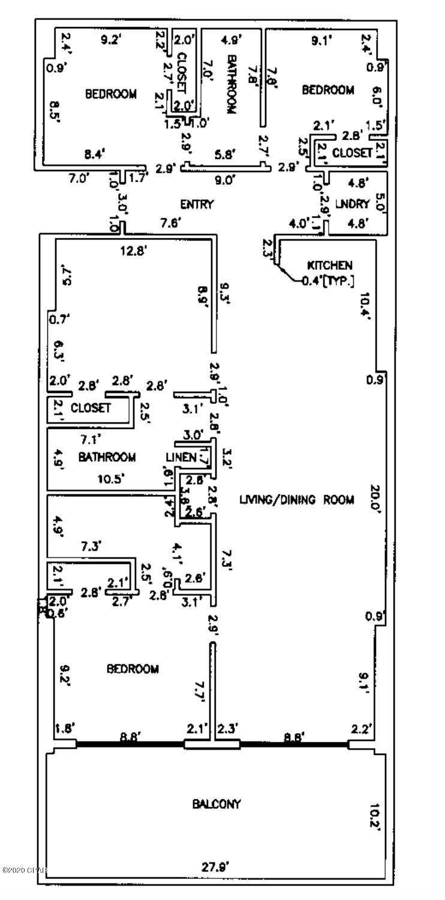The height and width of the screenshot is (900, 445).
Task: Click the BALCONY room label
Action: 216,804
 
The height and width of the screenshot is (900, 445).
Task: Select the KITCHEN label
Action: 329,265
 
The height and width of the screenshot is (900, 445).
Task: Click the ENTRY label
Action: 197,205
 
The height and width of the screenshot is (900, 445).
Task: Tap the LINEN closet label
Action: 181,458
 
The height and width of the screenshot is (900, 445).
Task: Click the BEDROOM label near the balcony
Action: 133,669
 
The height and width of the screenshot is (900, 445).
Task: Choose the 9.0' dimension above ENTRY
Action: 225,179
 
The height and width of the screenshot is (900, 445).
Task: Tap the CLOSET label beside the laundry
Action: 352,153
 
